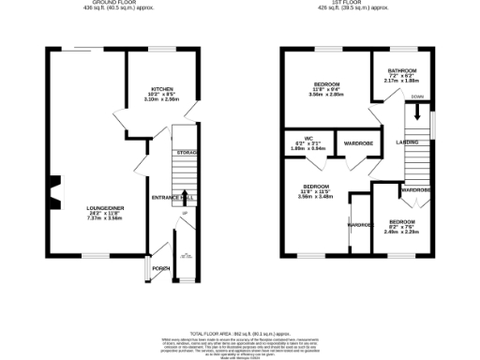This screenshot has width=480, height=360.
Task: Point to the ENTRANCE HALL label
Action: tap(172, 199)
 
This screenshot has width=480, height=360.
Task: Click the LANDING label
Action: tap(408, 142)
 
